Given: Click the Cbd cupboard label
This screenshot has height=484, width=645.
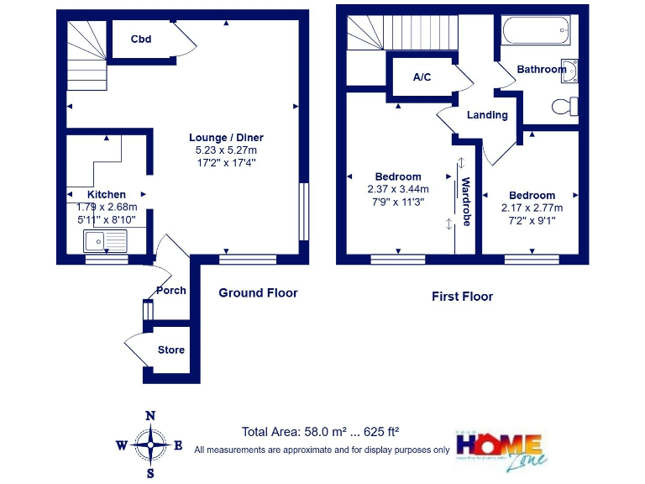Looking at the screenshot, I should point(140,39).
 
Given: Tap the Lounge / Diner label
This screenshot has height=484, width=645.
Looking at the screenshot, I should point(226,138).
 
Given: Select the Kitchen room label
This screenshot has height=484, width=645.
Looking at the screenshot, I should point(107,194).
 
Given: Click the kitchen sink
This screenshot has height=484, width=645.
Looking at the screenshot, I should point(105,242).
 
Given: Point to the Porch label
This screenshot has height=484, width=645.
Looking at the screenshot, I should point(171,291).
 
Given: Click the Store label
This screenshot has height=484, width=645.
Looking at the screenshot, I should point(171,350).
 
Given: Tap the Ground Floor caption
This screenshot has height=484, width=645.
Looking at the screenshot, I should point(258,293).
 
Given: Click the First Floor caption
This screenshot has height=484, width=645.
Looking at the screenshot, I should point(462,297).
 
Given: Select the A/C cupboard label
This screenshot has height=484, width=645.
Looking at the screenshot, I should point(422,77).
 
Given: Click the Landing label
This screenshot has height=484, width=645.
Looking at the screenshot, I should point(487,115).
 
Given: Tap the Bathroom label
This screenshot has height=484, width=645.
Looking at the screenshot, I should point(541,70).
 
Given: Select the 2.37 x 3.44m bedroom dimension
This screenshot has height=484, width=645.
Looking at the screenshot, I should point(398,189).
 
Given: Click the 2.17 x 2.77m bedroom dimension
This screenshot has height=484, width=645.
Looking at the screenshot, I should point(532,208).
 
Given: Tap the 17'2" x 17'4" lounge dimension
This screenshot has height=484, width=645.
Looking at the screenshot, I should point(226,162).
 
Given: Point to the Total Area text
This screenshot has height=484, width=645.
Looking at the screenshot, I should point(320,432).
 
